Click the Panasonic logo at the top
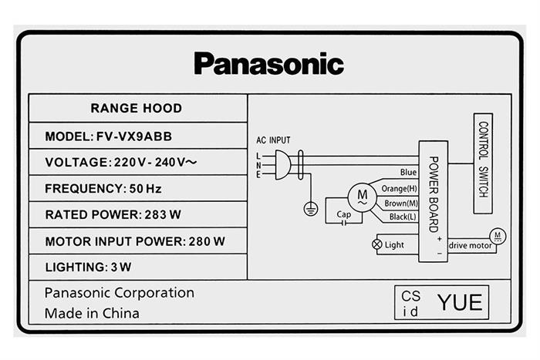tap(268, 63)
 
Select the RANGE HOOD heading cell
tap(136, 108)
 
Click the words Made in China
tap(92, 313)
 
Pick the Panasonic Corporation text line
tap(119, 293)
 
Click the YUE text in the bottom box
tap(459, 302)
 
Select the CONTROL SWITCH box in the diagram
tap(483, 158)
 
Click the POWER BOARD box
tap(433, 196)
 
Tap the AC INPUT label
tap(273, 140)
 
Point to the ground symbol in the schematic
tap(309, 207)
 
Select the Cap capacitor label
tap(353, 215)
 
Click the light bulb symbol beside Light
tap(377, 244)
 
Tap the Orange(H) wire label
tap(400, 188)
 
